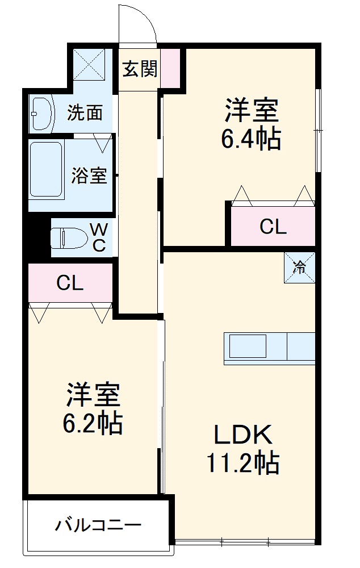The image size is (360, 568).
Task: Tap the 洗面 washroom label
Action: (85, 112)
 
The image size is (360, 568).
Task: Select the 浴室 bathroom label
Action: (89, 176)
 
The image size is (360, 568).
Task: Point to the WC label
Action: (98, 237)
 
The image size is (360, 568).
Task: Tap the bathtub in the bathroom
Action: (45, 169)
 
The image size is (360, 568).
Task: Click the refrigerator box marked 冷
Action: (299, 267)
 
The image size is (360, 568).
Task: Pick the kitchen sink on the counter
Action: (248, 346)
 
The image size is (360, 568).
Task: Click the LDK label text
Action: (243, 436)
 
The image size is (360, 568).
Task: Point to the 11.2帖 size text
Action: (243, 463)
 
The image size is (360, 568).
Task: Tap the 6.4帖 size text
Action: (251, 138)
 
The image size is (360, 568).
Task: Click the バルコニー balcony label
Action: (98, 525)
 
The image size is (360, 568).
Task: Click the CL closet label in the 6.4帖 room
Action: (273, 227)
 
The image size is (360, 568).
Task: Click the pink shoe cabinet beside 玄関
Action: (170, 69)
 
